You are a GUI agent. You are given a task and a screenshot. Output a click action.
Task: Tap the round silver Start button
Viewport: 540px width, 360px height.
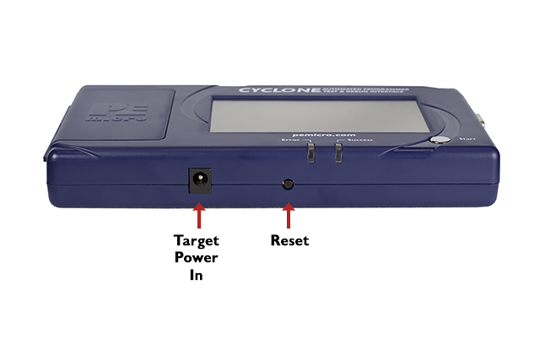click(x=438, y=142)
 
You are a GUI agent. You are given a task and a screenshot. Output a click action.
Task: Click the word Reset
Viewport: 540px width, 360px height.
click(x=289, y=241)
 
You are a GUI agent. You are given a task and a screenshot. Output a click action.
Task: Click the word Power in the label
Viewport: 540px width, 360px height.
click(x=197, y=258)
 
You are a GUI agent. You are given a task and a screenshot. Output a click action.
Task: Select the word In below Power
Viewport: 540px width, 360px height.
click(x=197, y=276)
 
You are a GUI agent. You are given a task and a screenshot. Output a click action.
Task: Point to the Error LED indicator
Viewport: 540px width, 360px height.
click(x=310, y=152)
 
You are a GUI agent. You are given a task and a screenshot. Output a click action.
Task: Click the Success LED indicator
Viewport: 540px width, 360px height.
click(x=337, y=152)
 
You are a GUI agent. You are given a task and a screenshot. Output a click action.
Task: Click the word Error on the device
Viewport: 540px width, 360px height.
click(x=290, y=141)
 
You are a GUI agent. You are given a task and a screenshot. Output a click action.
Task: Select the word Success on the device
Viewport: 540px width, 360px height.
click(x=357, y=141)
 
